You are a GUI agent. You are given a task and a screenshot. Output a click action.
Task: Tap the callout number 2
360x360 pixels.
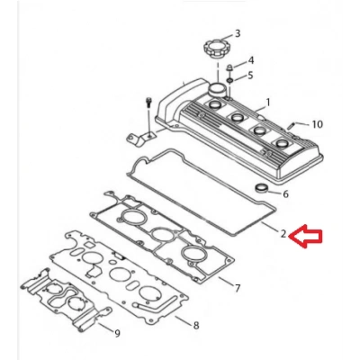[283, 234]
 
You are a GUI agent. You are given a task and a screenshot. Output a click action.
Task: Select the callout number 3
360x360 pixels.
[238, 33]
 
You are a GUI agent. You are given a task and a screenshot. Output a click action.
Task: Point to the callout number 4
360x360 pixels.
[250, 60]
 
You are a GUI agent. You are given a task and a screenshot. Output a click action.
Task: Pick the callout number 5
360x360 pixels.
[250, 76]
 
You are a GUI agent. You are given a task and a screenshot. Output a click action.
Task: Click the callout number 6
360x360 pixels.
[284, 193]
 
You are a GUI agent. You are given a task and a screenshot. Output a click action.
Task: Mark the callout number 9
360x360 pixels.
[116, 333]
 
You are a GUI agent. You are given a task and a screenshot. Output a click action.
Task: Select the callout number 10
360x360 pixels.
[316, 123]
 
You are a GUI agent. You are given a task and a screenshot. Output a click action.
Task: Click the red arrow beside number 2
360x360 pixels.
[310, 237]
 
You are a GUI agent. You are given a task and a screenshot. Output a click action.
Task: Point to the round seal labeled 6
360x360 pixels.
[262, 189]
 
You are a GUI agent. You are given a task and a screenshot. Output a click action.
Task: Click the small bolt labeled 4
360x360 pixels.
[229, 67]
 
